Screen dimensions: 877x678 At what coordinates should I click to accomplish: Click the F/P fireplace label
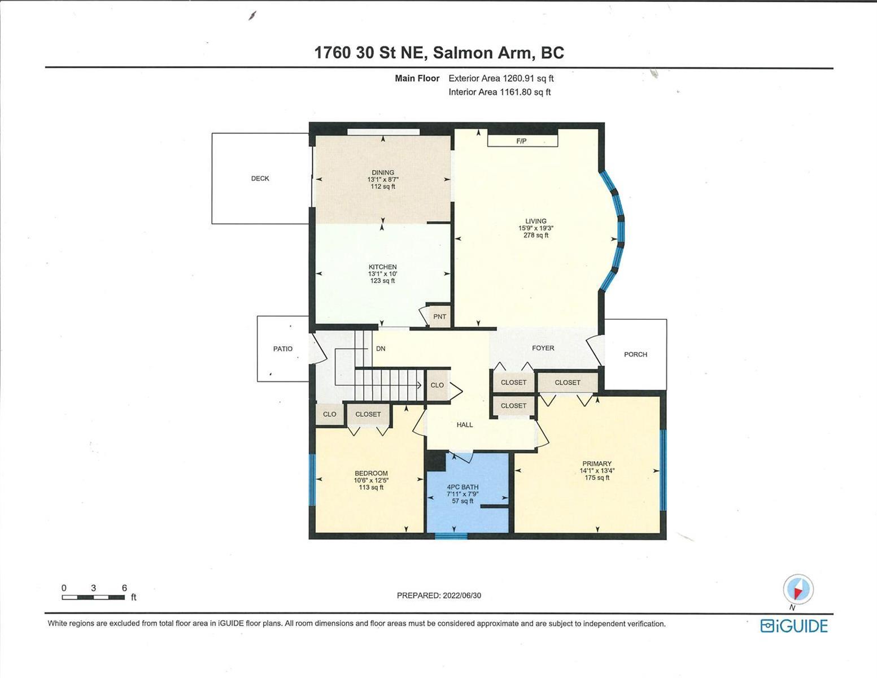point(521,141)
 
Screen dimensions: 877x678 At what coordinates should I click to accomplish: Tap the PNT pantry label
point(439,316)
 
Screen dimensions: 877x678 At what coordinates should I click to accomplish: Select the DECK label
point(260,179)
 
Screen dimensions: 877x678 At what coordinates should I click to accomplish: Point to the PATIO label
point(282,349)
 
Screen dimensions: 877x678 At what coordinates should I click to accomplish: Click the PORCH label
point(635,355)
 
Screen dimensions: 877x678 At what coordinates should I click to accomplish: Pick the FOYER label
point(543,348)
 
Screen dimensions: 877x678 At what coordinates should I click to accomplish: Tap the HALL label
point(465,425)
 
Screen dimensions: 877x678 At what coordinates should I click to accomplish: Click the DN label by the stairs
point(381,349)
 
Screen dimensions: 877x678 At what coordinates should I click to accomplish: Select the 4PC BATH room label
point(462,487)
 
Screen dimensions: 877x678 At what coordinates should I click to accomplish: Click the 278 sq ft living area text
point(536,235)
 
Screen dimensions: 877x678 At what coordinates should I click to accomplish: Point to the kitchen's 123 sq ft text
point(383,281)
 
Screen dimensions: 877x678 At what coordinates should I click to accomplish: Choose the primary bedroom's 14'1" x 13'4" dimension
point(597,471)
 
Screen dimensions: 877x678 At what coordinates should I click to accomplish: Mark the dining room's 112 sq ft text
point(383,186)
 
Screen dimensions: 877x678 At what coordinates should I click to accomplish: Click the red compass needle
point(797,593)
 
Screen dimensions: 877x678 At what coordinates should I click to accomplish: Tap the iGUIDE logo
point(794,626)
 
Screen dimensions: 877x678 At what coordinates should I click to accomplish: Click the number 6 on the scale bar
point(124,588)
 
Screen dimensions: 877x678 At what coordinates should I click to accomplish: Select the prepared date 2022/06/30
point(462,596)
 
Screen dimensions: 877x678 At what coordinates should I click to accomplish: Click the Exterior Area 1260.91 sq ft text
point(501,79)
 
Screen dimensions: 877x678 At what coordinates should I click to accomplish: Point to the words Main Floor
point(417,79)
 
